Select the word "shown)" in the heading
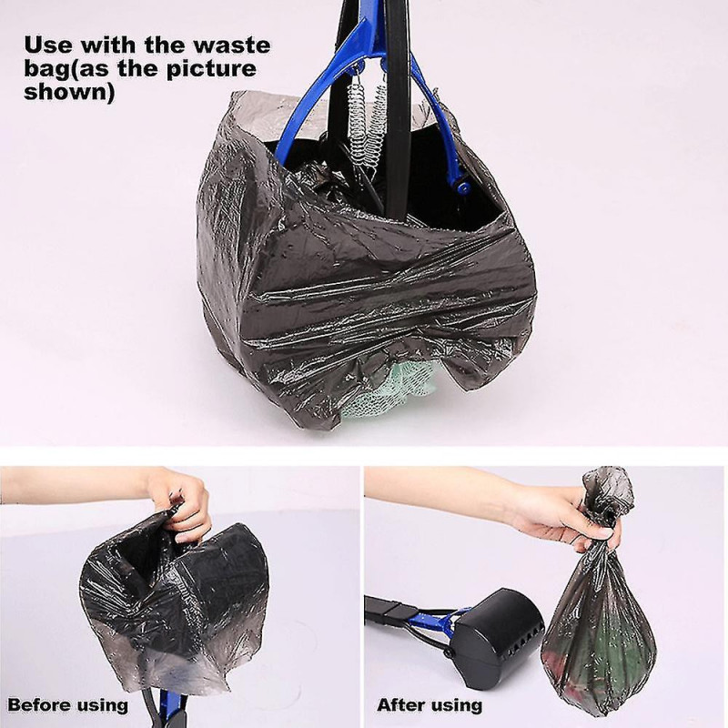[x=70, y=92]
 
